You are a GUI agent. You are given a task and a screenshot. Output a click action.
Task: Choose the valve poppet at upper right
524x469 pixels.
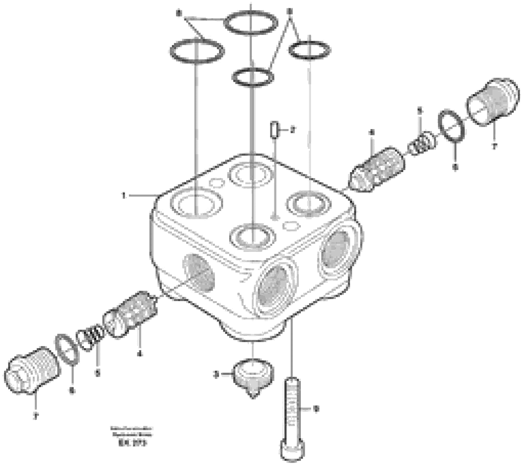pos(376,169)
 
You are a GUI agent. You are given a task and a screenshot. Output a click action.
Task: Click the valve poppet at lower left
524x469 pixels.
pos(130,315)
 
